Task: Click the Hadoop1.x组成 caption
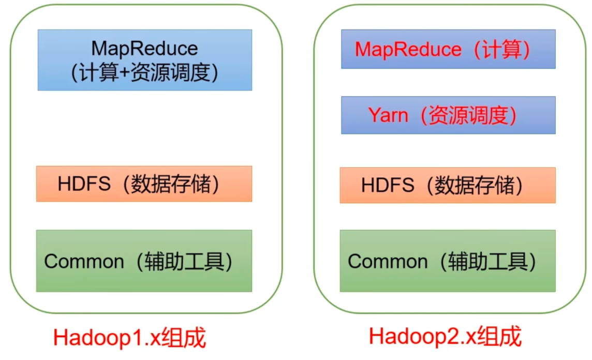click(130, 339)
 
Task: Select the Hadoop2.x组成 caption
click(445, 337)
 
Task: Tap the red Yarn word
click(388, 115)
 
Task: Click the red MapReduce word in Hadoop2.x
click(408, 50)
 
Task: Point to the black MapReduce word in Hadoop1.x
click(144, 48)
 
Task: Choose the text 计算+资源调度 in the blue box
click(144, 73)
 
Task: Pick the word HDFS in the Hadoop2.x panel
click(388, 185)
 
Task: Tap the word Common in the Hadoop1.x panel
click(84, 261)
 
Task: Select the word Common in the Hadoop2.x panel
click(388, 261)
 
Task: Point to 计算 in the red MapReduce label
click(501, 50)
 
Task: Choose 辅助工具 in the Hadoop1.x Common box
click(184, 261)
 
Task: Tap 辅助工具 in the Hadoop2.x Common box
click(487, 261)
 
